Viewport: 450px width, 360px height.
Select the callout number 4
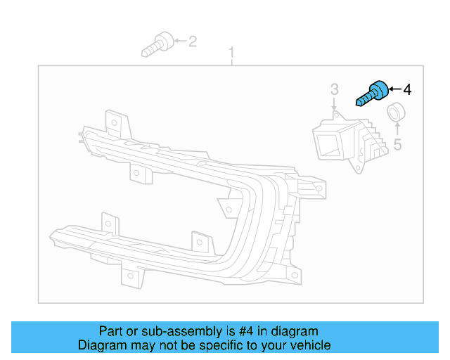pyautogui.click(x=407, y=89)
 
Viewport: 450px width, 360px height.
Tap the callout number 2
pyautogui.click(x=193, y=41)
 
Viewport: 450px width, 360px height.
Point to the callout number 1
pyautogui.click(x=231, y=53)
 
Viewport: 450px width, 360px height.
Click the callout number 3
pyautogui.click(x=334, y=89)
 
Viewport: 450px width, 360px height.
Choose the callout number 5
pyautogui.click(x=397, y=145)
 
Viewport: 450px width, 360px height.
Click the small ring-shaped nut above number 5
pyautogui.click(x=397, y=111)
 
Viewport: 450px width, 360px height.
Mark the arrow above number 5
pyautogui.click(x=397, y=128)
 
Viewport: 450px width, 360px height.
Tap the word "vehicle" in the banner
pyautogui.click(x=309, y=345)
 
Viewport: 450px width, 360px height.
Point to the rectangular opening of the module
pyautogui.click(x=328, y=144)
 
